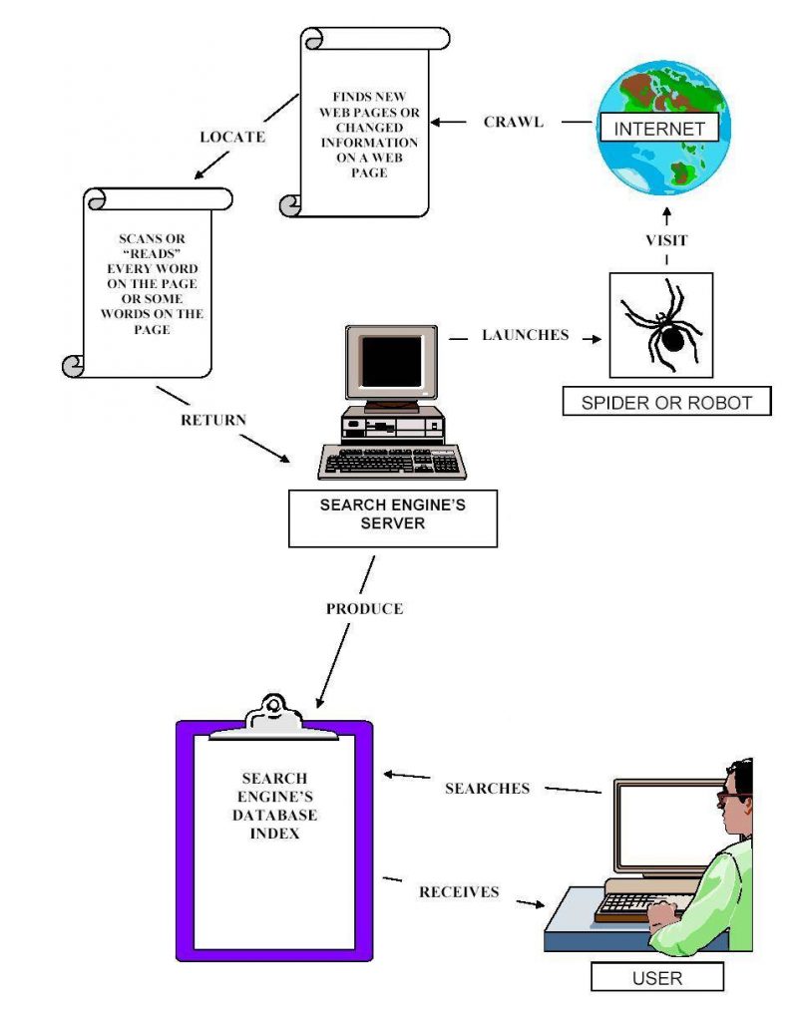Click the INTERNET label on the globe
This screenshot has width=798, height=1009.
coord(658,129)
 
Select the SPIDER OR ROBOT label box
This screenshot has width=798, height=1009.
coord(666,402)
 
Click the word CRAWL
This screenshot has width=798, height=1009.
coord(514,123)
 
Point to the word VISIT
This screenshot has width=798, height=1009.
coord(666,240)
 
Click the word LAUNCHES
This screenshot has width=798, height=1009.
coord(525,335)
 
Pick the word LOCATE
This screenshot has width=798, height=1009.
coord(232,137)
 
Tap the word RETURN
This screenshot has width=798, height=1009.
coord(212,420)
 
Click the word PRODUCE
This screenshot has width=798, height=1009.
coord(364,608)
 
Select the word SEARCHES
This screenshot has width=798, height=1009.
coord(487,788)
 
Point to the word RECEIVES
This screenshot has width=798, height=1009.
coord(459,891)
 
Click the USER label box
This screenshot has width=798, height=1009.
coord(657,977)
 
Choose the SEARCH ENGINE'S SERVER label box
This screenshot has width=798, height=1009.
coord(392,515)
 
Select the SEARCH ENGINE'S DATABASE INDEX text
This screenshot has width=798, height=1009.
coord(274,806)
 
